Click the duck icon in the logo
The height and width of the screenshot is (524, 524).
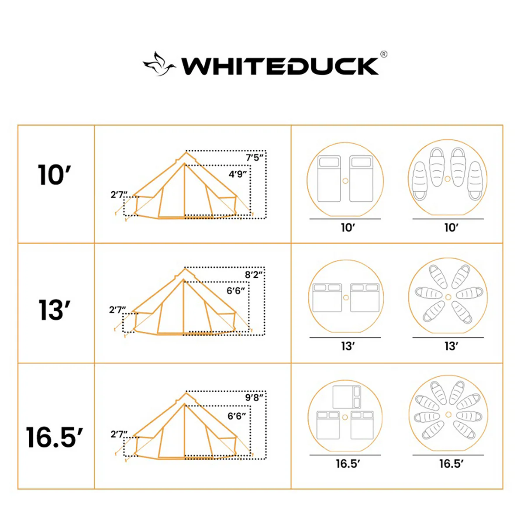(159, 65)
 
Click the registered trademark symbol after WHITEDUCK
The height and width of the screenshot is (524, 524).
(383, 54)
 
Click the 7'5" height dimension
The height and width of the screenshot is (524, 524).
(255, 157)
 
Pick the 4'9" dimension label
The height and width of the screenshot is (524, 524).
(238, 174)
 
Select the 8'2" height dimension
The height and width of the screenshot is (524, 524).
(254, 275)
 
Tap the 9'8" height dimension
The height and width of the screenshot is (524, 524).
(254, 397)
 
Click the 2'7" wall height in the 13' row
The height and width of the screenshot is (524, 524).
(117, 310)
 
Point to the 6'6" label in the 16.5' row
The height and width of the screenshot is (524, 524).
(237, 416)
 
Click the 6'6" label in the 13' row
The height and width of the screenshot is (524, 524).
(236, 291)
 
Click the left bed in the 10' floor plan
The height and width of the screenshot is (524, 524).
(329, 179)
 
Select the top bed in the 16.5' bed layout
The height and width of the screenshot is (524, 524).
(347, 396)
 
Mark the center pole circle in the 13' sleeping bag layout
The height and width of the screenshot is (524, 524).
(448, 297)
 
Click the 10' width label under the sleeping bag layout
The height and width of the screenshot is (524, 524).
(451, 228)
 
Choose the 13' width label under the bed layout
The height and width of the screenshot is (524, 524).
(347, 346)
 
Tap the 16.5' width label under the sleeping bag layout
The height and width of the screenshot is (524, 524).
(451, 464)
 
